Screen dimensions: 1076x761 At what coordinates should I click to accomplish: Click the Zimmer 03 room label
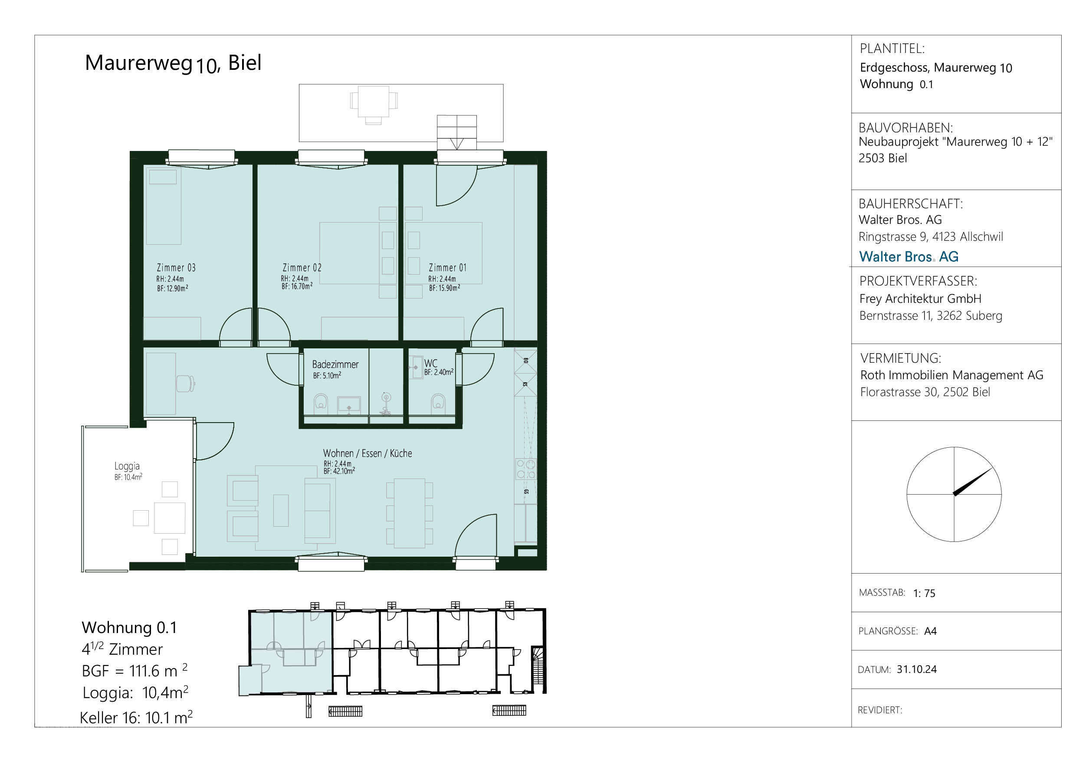tap(176, 268)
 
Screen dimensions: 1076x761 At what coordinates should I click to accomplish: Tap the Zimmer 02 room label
tap(302, 268)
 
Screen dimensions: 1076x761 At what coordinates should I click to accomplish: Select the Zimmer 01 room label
tap(448, 268)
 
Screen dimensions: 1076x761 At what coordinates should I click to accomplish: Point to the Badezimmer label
tap(335, 364)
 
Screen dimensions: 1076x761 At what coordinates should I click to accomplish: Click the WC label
tap(431, 363)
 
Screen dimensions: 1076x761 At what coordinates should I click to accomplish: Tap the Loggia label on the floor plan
tap(127, 466)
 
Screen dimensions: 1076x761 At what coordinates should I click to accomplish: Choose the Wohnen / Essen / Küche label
tap(367, 453)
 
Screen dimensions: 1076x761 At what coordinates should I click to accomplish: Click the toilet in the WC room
tap(438, 403)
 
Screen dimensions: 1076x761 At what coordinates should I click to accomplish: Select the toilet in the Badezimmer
tap(321, 403)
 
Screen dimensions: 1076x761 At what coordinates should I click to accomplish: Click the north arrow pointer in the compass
tap(973, 482)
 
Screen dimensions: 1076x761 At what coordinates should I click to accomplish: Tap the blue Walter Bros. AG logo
tap(909, 256)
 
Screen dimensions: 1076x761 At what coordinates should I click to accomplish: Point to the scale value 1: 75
tap(924, 593)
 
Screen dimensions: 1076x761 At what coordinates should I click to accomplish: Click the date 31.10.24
tap(917, 669)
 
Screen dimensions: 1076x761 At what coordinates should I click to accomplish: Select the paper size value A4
tap(930, 631)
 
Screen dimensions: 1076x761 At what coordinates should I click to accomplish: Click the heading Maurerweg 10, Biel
tap(173, 63)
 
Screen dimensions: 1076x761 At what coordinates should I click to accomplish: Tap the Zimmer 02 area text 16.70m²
tap(300, 286)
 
